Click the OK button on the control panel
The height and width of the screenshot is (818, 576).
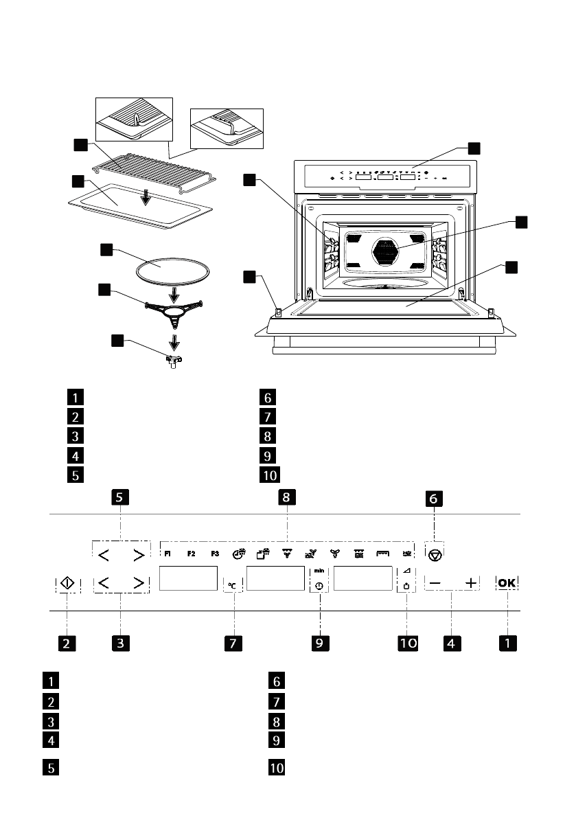[508, 582]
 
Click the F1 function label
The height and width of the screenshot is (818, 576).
[168, 554]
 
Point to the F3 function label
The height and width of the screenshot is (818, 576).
[215, 554]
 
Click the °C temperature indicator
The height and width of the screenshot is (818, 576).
[233, 585]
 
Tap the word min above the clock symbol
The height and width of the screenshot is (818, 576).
[319, 571]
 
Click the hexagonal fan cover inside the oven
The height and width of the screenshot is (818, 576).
[385, 252]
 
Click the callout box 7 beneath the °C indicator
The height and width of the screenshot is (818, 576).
[233, 643]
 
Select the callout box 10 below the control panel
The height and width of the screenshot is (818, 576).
[406, 643]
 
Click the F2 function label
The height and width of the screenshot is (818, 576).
[192, 554]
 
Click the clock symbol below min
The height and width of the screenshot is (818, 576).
[319, 586]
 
